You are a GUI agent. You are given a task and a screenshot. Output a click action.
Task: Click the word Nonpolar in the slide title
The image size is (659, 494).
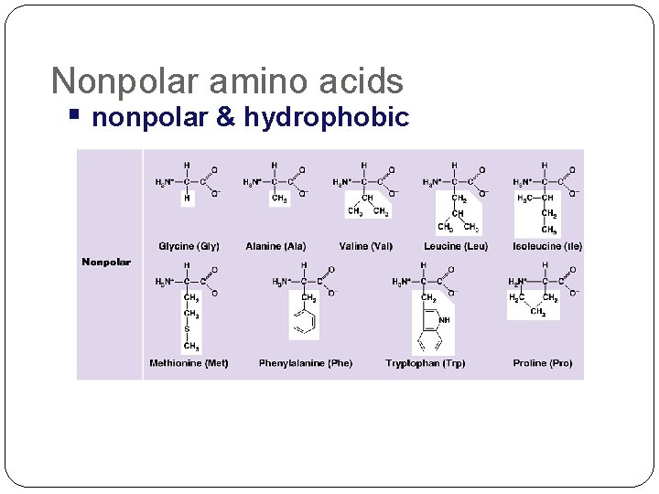(x=124, y=81)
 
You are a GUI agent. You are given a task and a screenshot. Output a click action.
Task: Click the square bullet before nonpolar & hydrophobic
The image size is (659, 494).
(x=74, y=115)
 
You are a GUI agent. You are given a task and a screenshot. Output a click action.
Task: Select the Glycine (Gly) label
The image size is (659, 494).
(x=189, y=246)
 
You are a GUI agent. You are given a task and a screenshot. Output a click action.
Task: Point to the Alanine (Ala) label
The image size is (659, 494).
(x=275, y=246)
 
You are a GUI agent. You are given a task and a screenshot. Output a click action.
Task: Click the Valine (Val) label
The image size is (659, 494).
(x=365, y=246)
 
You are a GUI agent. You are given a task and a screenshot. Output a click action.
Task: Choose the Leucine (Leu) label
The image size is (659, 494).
(x=456, y=246)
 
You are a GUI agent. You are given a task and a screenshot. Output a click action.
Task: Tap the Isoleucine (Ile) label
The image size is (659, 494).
(x=547, y=246)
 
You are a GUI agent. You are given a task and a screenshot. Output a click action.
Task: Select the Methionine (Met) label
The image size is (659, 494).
(x=189, y=363)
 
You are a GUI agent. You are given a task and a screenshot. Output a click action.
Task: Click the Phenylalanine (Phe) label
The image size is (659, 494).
(x=305, y=363)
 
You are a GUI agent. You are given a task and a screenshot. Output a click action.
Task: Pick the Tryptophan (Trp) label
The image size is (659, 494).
(x=425, y=363)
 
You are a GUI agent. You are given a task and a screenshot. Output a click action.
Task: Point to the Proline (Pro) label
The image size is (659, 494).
(x=543, y=363)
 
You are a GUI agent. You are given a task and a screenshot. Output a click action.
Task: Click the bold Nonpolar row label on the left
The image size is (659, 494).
(x=106, y=263)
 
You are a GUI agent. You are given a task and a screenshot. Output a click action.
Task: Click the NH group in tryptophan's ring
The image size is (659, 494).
(x=444, y=320)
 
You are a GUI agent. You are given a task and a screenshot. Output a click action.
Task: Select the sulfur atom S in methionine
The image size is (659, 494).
(x=188, y=330)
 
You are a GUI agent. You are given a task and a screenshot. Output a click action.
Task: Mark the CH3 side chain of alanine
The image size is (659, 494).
(x=279, y=198)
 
